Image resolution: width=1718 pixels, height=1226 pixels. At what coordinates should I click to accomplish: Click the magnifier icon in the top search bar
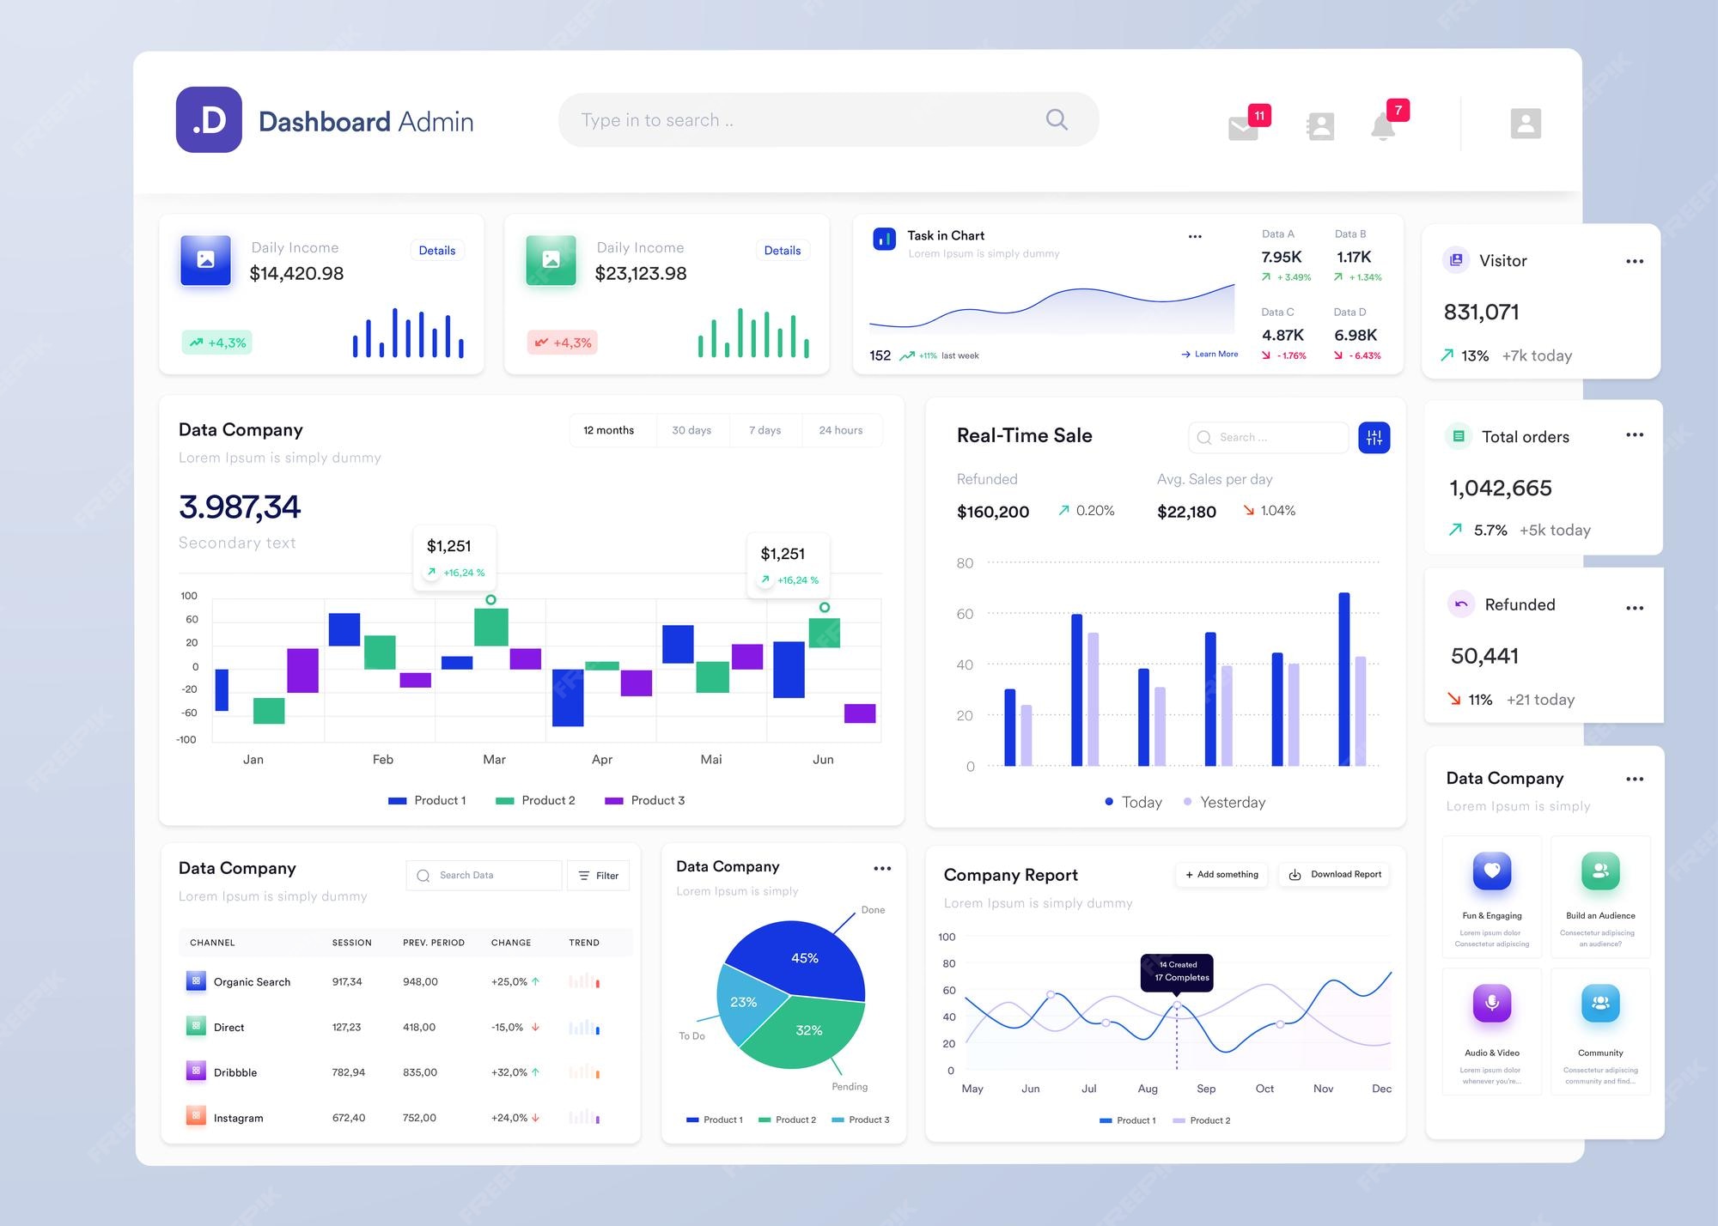(x=1057, y=119)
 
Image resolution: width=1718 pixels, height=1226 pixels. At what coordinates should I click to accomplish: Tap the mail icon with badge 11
(x=1243, y=128)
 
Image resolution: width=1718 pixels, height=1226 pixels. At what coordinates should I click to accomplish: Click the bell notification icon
(x=1382, y=127)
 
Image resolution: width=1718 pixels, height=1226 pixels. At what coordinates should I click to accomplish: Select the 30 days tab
(x=691, y=430)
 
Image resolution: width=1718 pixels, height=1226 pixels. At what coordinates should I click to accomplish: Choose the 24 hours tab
(x=840, y=430)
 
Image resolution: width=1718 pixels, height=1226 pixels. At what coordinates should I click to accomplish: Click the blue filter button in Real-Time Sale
(x=1374, y=438)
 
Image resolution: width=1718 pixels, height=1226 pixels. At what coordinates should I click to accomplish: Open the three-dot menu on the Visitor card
(x=1634, y=261)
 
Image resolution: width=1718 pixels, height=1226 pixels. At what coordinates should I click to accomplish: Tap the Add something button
(x=1221, y=875)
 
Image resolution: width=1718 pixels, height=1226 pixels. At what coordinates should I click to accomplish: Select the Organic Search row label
(x=252, y=982)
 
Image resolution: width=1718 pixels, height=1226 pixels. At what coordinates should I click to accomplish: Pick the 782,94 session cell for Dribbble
(x=349, y=1072)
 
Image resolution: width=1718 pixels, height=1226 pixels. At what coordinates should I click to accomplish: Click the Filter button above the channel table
(x=599, y=876)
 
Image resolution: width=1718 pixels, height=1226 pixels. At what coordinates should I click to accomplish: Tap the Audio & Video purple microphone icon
(x=1492, y=1003)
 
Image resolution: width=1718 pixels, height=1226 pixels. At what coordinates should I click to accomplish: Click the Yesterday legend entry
(x=1232, y=802)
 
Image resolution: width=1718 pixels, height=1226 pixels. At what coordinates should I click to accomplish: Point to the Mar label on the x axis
(x=494, y=760)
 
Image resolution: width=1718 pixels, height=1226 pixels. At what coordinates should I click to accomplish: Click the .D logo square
(x=209, y=120)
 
